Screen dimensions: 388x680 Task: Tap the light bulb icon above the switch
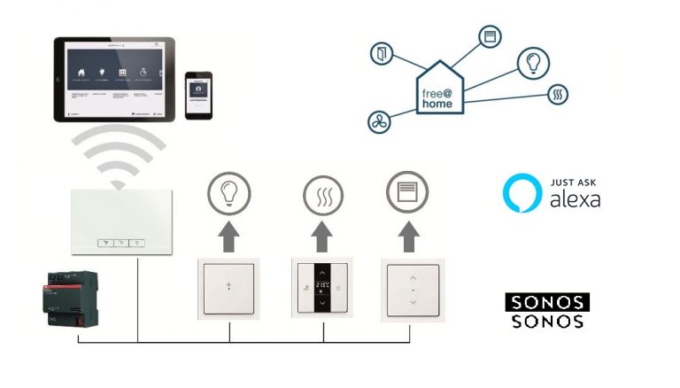click(x=229, y=193)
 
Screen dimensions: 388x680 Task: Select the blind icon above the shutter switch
click(x=407, y=193)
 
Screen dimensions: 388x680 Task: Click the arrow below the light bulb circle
click(x=229, y=238)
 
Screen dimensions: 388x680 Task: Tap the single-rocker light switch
click(x=229, y=287)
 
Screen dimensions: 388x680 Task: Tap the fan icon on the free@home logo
click(x=379, y=122)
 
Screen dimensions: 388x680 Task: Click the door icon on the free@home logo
click(x=382, y=52)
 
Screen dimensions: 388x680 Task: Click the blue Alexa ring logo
click(x=522, y=193)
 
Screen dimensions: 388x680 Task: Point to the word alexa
click(x=575, y=199)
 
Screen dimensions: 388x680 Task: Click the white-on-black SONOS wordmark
click(x=547, y=302)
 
